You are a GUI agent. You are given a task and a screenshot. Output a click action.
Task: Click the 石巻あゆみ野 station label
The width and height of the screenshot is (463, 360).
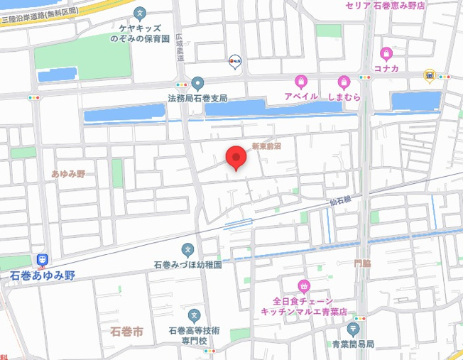pos(43,275)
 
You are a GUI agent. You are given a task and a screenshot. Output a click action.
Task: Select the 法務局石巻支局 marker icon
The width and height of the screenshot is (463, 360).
pos(197,83)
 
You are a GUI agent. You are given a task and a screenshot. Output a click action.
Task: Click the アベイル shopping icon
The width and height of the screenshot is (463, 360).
pos(301,82)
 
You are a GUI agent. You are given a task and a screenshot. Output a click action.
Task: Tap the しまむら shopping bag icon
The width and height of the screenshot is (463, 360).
pos(344,82)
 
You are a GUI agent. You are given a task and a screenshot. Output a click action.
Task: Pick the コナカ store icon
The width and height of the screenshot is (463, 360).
pos(386,53)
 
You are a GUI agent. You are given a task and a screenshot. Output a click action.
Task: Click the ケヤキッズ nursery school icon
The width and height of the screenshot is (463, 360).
pos(141,13)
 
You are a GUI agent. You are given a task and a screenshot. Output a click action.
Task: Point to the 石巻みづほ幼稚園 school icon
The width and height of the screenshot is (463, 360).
pos(187,249)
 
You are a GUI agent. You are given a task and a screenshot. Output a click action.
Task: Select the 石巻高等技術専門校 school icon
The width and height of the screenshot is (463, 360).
pos(194,315)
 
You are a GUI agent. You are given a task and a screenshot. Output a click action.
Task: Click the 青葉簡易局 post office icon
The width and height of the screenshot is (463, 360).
pos(353,329)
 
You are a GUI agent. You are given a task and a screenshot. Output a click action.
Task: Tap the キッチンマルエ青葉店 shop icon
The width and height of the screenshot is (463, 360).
pos(304,287)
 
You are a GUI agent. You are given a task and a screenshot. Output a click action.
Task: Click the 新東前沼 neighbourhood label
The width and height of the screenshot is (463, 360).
pos(266,146)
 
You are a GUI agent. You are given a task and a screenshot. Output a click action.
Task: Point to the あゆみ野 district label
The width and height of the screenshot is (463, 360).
pos(68,174)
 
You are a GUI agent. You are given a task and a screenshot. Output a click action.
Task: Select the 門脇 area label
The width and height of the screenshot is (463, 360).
pos(362,263)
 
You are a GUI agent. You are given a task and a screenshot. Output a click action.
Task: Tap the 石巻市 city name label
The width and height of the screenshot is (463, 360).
pos(128,332)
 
